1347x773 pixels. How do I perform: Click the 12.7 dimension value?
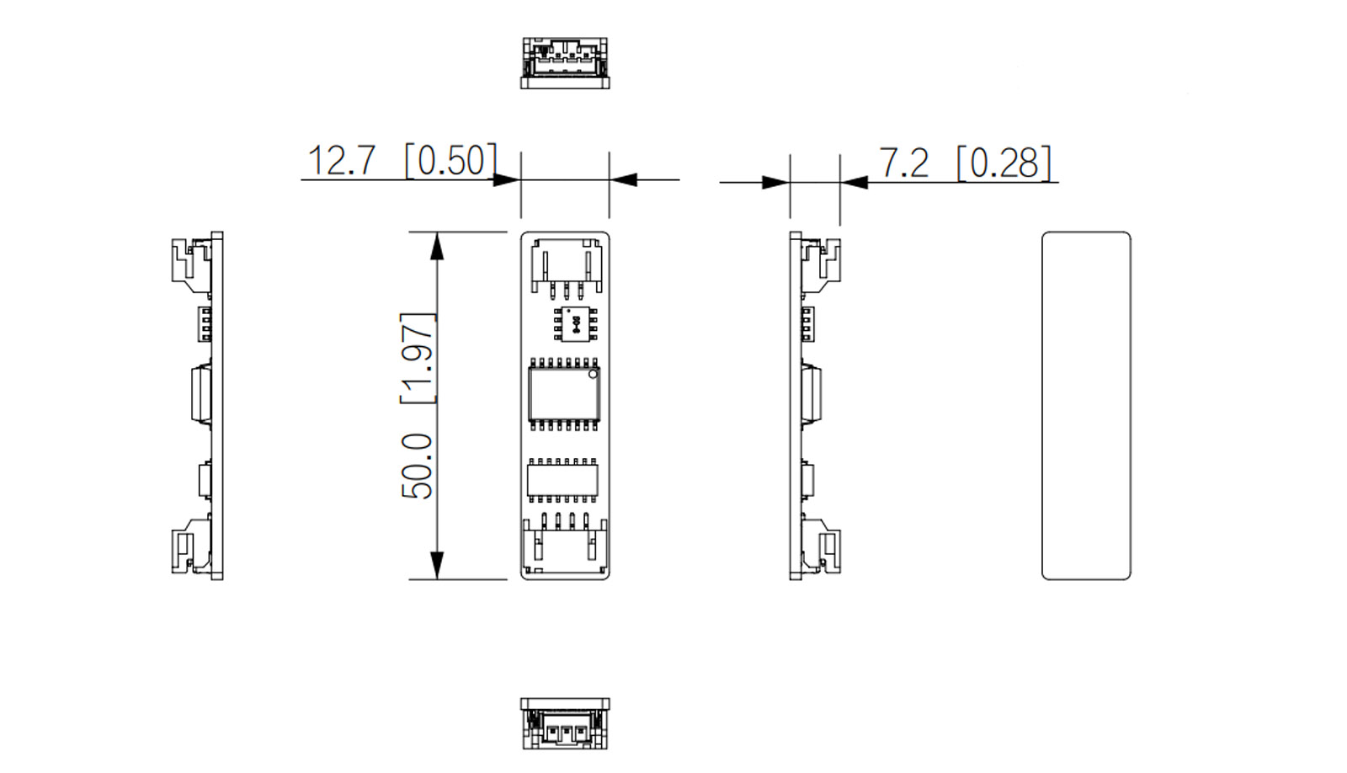tap(341, 160)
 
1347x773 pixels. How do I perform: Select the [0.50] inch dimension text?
tap(451, 160)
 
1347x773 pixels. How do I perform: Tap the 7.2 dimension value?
tap(903, 163)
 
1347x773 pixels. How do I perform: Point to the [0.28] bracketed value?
tap(1004, 163)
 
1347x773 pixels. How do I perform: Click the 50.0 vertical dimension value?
tap(418, 465)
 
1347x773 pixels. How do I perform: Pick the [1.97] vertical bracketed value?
tap(418, 358)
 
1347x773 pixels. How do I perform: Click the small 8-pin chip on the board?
tap(575, 323)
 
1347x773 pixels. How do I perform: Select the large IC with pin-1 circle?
tap(564, 394)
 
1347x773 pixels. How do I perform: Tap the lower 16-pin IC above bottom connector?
tap(563, 479)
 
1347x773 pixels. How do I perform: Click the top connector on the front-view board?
tap(566, 265)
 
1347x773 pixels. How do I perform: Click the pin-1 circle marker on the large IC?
tap(593, 373)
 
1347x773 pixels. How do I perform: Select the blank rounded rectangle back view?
tap(1086, 406)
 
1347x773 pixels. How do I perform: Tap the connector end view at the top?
tap(565, 62)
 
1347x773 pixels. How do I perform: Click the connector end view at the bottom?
tap(564, 723)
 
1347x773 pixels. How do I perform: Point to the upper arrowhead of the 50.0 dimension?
tap(436, 245)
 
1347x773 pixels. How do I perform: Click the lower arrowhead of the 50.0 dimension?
tap(436, 565)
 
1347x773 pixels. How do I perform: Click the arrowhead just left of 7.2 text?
tap(854, 181)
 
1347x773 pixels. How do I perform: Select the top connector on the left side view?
tap(193, 263)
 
